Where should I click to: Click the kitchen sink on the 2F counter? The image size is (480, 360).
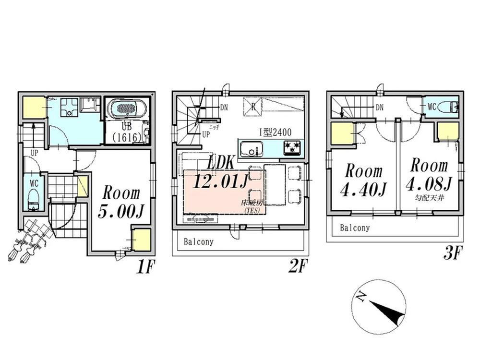(x=249, y=148)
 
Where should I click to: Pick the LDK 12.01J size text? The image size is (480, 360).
(x=220, y=181)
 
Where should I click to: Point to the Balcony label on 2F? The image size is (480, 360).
(x=198, y=242)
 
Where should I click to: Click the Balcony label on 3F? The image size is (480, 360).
(x=355, y=228)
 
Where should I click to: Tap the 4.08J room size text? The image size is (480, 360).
(x=429, y=183)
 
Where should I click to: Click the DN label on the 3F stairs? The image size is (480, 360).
(x=380, y=108)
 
